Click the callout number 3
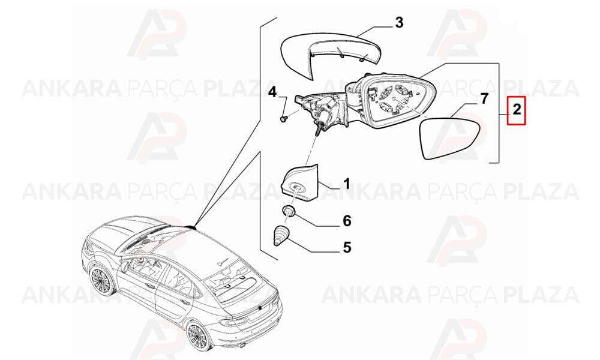click(x=399, y=23)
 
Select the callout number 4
click(x=272, y=92)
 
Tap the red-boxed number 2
click(x=517, y=110)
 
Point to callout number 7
click(x=484, y=99)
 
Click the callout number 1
click(x=347, y=184)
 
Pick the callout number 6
click(x=347, y=221)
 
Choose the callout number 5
click(x=347, y=247)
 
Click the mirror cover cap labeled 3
click(x=330, y=55)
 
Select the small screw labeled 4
click(x=284, y=119)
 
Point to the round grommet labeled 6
click(x=289, y=210)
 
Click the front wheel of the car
click(x=101, y=281)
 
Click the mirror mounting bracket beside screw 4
click(x=320, y=111)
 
